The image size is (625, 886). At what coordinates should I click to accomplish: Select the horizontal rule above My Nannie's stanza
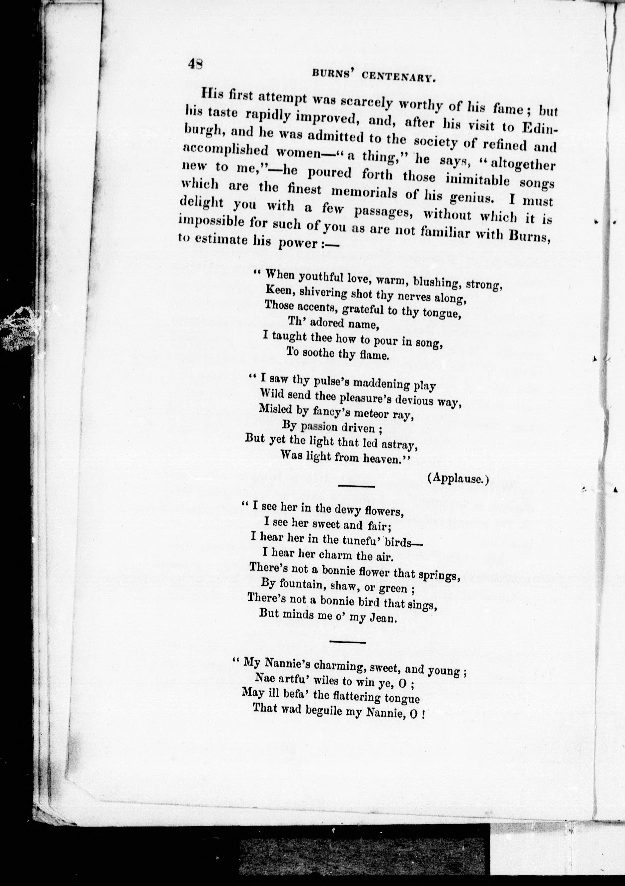(347, 642)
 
